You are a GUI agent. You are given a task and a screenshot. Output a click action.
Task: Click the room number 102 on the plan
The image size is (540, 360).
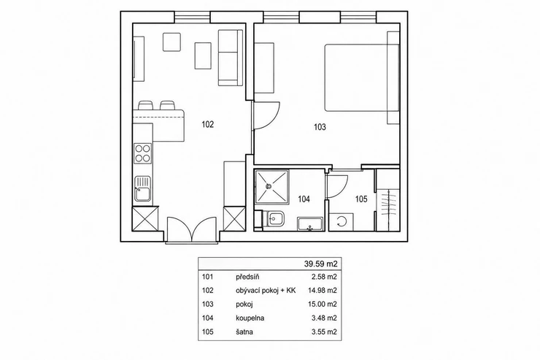pyautogui.click(x=208, y=124)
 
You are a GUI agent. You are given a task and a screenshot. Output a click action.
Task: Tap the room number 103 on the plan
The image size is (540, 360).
pyautogui.click(x=320, y=127)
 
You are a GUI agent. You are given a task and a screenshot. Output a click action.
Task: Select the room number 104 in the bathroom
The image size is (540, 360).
pyautogui.click(x=304, y=199)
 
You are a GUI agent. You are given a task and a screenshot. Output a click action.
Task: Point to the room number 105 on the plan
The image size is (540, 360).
pyautogui.click(x=361, y=199)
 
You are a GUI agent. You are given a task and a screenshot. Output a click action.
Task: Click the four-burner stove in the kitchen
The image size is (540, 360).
pyautogui.click(x=142, y=153)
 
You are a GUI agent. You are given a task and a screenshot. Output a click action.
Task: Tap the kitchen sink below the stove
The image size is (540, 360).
pyautogui.click(x=142, y=189)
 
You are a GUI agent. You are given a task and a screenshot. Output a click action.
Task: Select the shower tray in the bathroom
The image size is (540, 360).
pyautogui.click(x=271, y=187)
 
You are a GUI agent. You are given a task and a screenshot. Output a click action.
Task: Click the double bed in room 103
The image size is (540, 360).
pyautogui.click(x=362, y=77)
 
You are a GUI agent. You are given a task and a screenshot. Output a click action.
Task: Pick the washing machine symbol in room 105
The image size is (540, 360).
pyautogui.click(x=342, y=222)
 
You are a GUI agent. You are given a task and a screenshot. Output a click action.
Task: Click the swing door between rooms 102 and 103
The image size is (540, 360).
pyautogui.click(x=266, y=116)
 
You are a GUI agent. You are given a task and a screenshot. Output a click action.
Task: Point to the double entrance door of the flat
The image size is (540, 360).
pyautogui.click(x=191, y=230)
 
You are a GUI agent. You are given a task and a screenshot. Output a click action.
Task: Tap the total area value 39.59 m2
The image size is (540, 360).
pyautogui.click(x=320, y=264)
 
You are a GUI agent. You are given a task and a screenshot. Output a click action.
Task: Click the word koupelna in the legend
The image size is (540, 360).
pyautogui.click(x=250, y=318)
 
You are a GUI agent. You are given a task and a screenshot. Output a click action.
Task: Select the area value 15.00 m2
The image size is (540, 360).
pyautogui.click(x=323, y=305)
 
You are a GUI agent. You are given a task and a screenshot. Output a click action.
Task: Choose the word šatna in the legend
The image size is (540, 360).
pyautogui.click(x=244, y=332)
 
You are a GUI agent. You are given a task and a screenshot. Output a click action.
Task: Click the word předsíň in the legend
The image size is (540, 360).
pyautogui.click(x=247, y=277)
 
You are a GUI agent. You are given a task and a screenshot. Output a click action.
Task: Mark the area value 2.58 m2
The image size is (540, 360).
pyautogui.click(x=324, y=277)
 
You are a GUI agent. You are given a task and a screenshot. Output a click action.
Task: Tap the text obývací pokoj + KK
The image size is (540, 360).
pyautogui.click(x=266, y=291)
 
